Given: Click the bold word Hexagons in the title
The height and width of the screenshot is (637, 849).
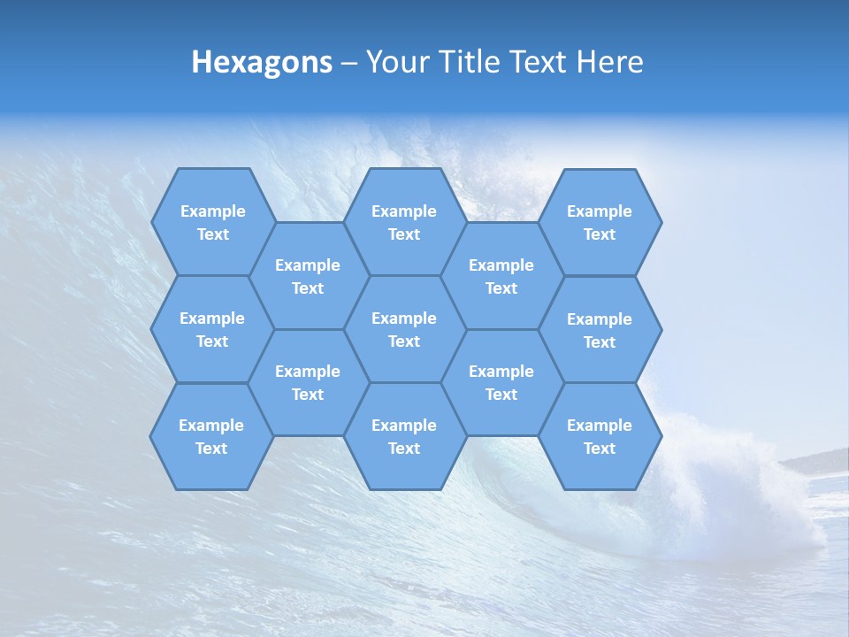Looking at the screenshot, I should click(x=262, y=62).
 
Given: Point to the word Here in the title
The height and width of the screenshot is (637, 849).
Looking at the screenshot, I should click(x=609, y=62).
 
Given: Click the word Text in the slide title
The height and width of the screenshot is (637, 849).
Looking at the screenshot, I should click(x=540, y=62).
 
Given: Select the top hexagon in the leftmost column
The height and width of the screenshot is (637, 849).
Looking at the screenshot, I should click(x=212, y=222).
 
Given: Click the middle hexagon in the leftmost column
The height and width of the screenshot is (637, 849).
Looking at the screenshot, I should click(x=212, y=329).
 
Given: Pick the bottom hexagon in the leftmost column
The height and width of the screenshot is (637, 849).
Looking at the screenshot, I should click(x=211, y=436).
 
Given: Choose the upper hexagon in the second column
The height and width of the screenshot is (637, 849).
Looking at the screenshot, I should click(x=308, y=276).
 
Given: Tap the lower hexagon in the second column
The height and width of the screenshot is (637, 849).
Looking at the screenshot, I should click(x=308, y=382).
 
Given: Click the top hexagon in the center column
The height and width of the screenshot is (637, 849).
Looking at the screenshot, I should click(x=404, y=222).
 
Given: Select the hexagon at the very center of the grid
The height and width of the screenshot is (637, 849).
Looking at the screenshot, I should click(x=404, y=329).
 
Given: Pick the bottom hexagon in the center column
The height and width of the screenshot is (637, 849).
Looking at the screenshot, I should click(x=404, y=436).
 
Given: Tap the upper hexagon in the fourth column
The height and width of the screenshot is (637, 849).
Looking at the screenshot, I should click(x=501, y=276).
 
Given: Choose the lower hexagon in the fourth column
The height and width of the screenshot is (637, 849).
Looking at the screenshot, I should click(x=501, y=382).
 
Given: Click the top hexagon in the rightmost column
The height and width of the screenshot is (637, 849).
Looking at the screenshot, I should click(x=600, y=222).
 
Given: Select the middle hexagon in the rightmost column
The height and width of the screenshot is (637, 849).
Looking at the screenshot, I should click(x=600, y=330).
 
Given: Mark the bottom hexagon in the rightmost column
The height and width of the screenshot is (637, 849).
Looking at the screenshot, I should click(x=600, y=436).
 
